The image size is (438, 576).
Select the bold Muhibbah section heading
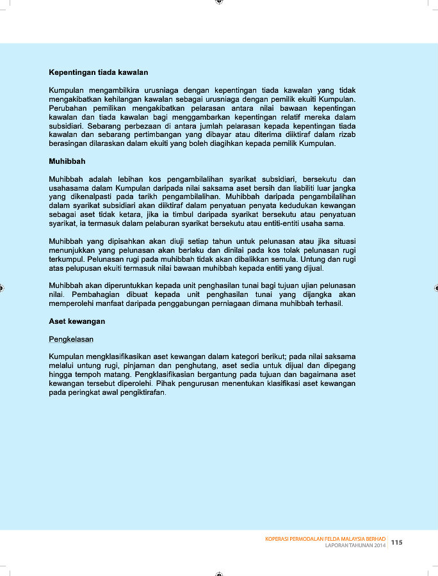click(x=67, y=161)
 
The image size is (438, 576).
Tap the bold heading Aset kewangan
click(x=77, y=321)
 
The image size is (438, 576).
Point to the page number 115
click(x=397, y=543)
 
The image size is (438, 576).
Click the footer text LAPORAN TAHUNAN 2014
click(x=355, y=546)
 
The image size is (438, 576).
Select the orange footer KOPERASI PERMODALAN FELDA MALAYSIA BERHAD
click(x=325, y=539)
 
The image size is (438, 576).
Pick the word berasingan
click(x=70, y=145)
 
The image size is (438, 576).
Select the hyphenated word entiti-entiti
click(x=263, y=223)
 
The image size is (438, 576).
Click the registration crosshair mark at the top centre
click(x=219, y=3)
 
